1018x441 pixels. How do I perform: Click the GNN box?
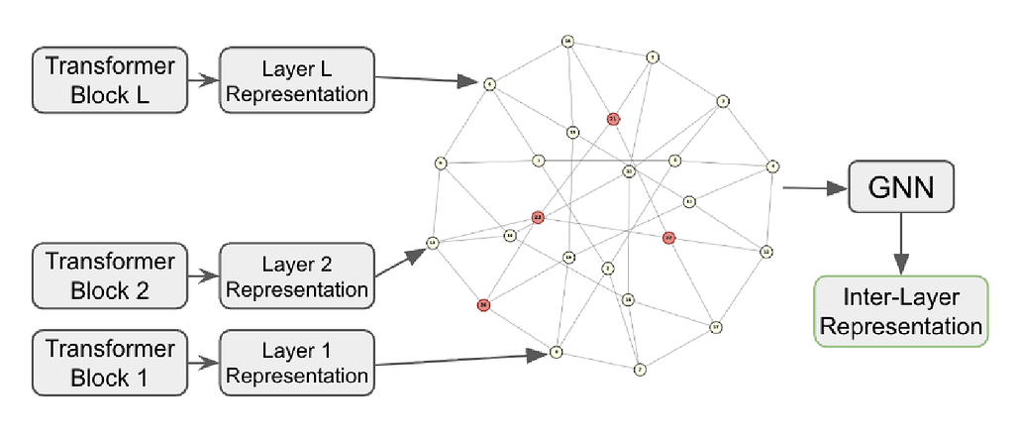[901, 187]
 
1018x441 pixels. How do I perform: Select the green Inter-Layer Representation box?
[900, 312]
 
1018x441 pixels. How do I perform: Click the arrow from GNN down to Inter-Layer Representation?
[900, 244]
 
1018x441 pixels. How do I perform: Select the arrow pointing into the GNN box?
[812, 186]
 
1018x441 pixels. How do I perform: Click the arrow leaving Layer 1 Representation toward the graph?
[460, 359]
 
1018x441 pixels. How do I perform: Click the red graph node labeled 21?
[613, 119]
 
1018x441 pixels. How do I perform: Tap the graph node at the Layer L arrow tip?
[489, 84]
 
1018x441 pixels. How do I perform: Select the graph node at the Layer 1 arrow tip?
[557, 352]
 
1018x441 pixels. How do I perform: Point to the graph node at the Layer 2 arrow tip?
[433, 242]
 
